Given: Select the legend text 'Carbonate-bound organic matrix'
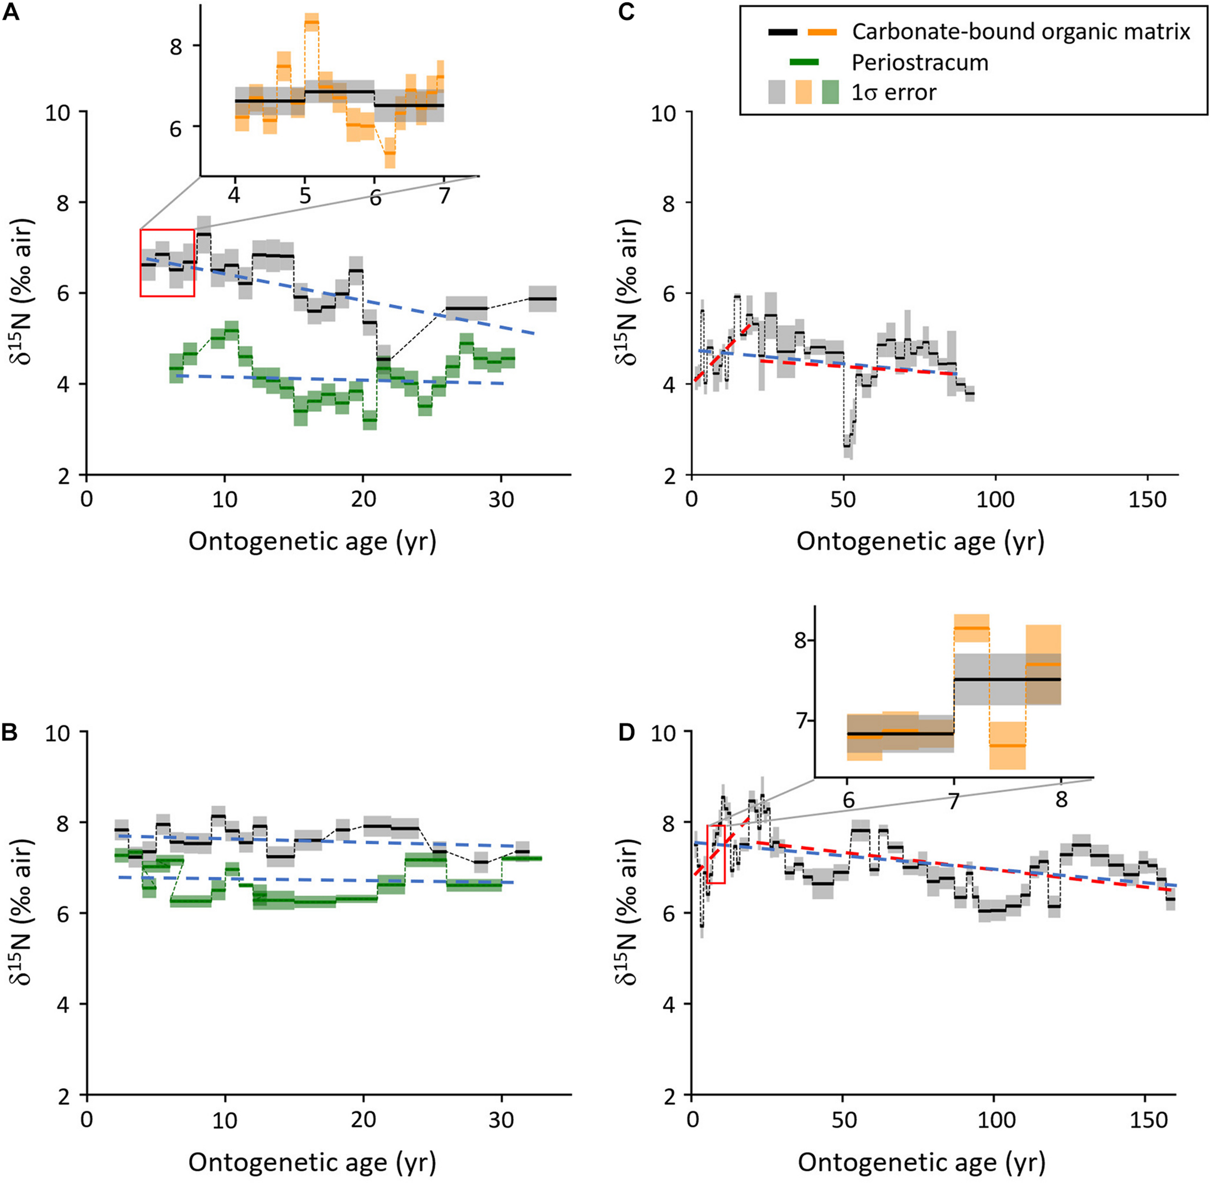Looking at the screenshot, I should point(1021,31).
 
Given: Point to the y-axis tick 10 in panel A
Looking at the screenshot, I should point(57,112).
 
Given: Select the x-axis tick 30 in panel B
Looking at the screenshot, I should point(501,1120).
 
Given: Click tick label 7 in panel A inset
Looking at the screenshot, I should point(444,196).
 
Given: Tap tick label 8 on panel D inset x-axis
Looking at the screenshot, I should point(1061,799).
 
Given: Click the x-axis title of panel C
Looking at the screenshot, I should point(920,542).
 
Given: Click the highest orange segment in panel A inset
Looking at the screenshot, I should point(312,22).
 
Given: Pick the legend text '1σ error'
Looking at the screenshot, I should point(893,92).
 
